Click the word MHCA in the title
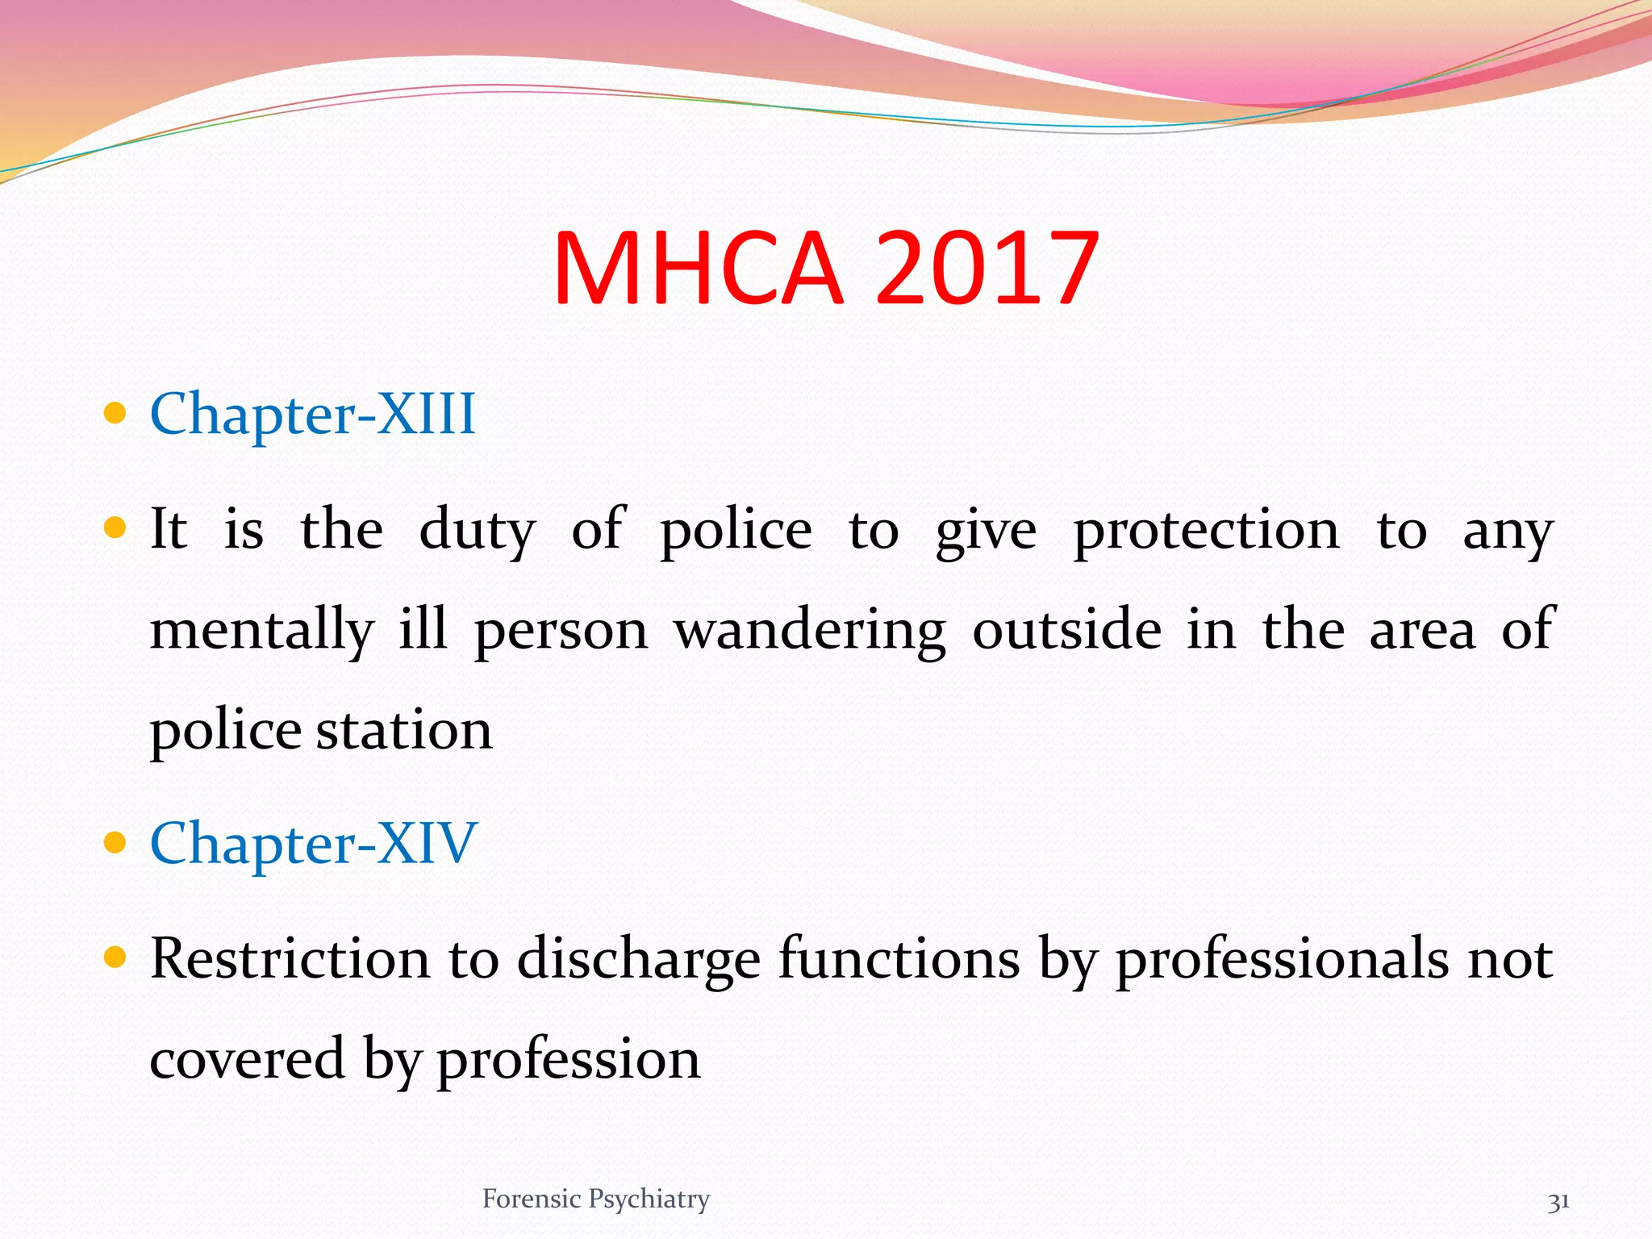coord(699,268)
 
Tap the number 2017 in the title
coord(987,268)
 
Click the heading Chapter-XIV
coord(314,844)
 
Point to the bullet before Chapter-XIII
coord(116,414)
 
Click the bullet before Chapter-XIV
coord(116,843)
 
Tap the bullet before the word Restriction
coord(116,957)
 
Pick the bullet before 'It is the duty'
coord(116,528)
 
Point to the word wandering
coord(810,632)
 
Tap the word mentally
coord(262,632)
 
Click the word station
coord(403,731)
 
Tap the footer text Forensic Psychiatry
coord(596,1199)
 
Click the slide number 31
coord(1558,1202)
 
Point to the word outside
coord(1066,632)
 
